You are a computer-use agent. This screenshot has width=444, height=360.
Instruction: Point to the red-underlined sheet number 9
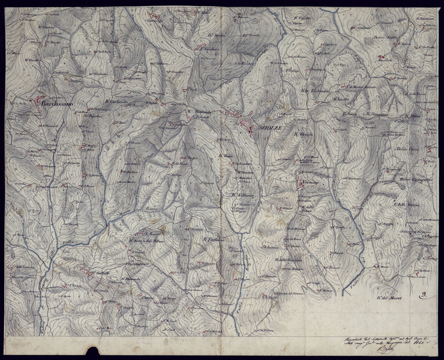pos(424,295)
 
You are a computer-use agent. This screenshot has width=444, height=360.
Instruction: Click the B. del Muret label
pos(389,299)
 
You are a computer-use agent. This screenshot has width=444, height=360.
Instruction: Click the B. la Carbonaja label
pos(315,90)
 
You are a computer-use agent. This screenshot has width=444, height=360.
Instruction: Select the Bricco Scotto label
pos(384,37)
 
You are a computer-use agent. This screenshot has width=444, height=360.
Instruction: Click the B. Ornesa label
pos(303,135)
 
